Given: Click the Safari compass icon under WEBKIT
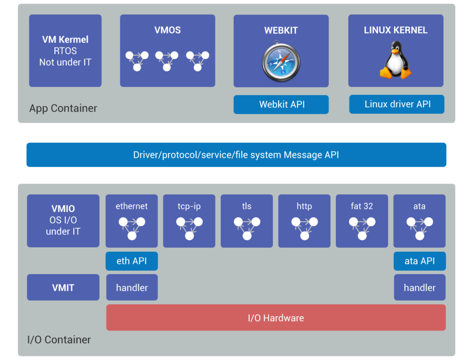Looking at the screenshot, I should pyautogui.click(x=281, y=61).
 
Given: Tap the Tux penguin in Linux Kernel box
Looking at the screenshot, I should pyautogui.click(x=395, y=60).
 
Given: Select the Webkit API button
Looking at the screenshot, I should pyautogui.click(x=281, y=104).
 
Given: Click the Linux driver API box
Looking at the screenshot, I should pyautogui.click(x=397, y=104).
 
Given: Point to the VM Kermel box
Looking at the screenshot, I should pyautogui.click(x=65, y=51).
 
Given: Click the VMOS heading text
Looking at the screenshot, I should pyautogui.click(x=167, y=30).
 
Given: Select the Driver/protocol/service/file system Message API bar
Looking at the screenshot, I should pyautogui.click(x=236, y=155).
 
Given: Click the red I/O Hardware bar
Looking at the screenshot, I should pyautogui.click(x=276, y=318).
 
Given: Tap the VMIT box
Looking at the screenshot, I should pyautogui.click(x=63, y=288).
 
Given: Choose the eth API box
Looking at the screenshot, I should pyautogui.click(x=132, y=261).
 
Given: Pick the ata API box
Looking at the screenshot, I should pyautogui.click(x=420, y=261).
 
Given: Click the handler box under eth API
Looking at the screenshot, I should pyautogui.click(x=132, y=288).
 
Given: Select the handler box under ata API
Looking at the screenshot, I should pyautogui.click(x=420, y=288).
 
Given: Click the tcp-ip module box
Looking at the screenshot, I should pyautogui.click(x=189, y=221).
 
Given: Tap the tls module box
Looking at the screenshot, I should pyautogui.click(x=247, y=221).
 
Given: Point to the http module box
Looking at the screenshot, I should pyautogui.click(x=304, y=221).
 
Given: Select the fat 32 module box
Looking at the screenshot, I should pyautogui.click(x=362, y=221).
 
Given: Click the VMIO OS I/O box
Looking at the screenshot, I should pyautogui.click(x=63, y=221).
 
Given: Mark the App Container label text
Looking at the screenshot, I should pyautogui.click(x=63, y=108).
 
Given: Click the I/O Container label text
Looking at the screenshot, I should pyautogui.click(x=59, y=340).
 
